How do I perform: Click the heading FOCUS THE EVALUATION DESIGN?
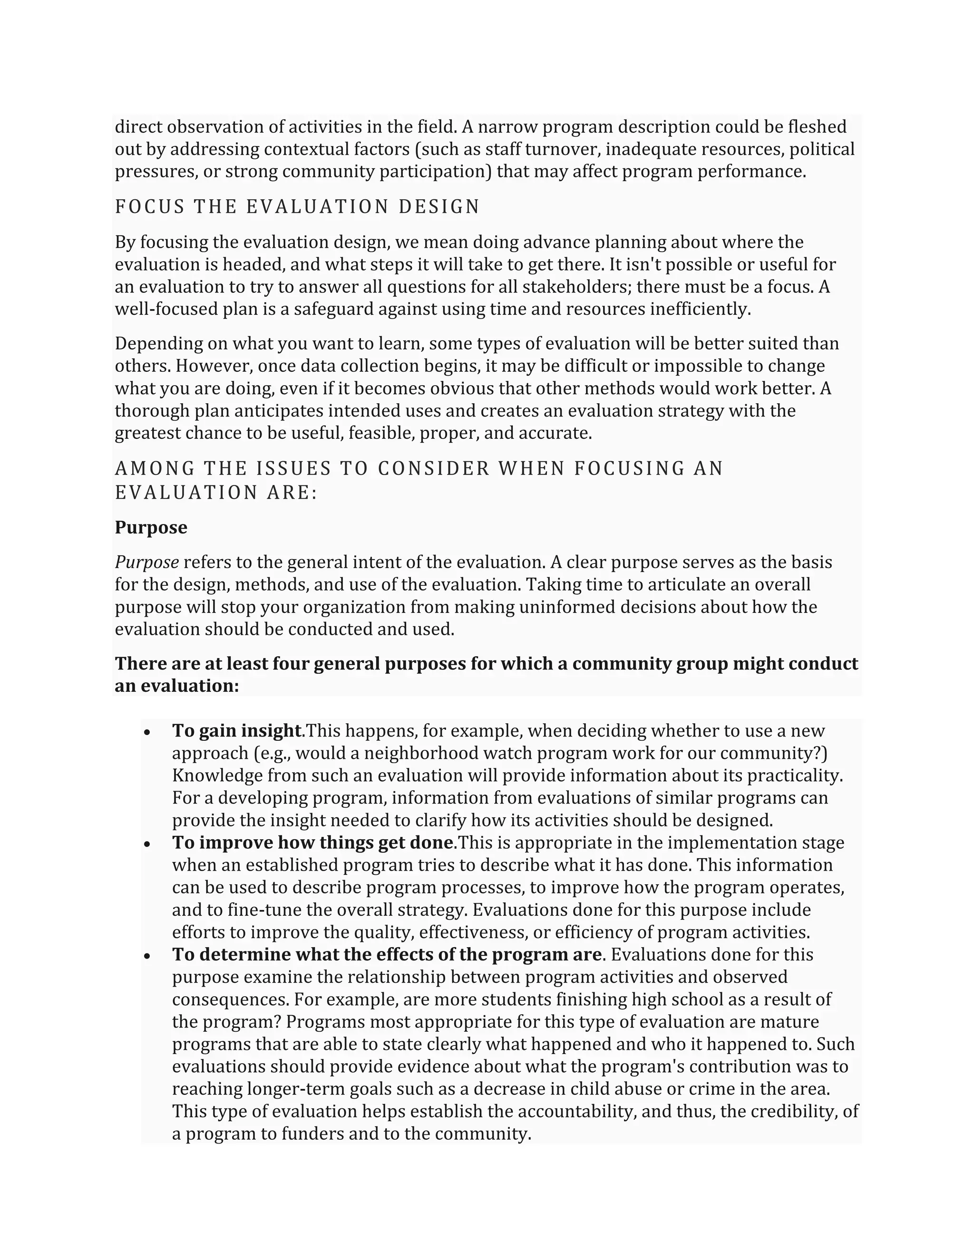(297, 206)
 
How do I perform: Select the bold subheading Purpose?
(151, 527)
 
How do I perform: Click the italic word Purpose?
(146, 562)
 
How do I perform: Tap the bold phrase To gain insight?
(237, 731)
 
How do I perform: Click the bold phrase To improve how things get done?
(312, 843)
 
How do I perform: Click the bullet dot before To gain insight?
(148, 732)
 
